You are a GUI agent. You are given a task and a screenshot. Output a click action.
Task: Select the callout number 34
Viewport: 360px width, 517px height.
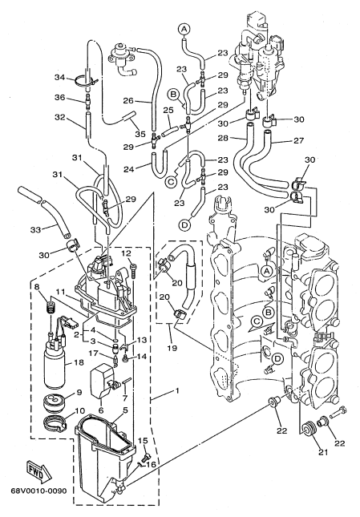coord(60,78)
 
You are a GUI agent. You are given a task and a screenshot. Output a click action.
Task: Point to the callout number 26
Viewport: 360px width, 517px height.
coord(129,100)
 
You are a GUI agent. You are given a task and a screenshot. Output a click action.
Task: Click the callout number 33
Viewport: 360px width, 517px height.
coord(35,230)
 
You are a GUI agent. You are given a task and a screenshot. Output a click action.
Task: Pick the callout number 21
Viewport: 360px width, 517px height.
coord(323,452)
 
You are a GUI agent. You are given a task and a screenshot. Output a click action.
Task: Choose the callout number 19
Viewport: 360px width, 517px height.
coord(172,348)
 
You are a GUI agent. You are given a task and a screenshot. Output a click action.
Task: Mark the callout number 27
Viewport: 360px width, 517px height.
coord(298,140)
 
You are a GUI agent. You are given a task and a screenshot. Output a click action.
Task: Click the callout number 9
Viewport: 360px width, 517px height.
coord(79,393)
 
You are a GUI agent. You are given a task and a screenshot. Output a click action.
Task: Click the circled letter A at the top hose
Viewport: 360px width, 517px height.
coord(184,29)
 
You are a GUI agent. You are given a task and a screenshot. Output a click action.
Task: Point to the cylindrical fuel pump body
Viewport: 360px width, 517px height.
coord(55,366)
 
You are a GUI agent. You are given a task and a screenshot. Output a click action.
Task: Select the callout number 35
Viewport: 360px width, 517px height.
coord(140,134)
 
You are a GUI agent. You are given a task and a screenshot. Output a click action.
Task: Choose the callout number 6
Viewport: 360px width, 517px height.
coord(101,411)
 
